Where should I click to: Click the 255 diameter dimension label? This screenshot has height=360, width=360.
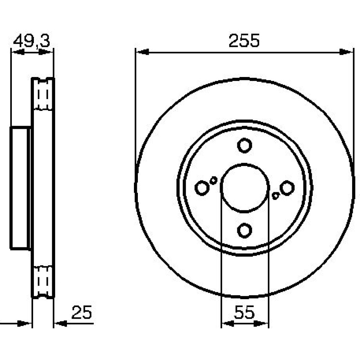pos(244,41)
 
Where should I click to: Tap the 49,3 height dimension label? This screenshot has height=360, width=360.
pos(31,41)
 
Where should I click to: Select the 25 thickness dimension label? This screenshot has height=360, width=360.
pos(81,312)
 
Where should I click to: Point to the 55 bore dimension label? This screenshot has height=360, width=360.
pos(244,312)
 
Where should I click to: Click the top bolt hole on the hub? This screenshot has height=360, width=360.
pos(244,145)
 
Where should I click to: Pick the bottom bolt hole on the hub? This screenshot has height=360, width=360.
pos(244,230)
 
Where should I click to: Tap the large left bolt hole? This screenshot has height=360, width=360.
pos(202,188)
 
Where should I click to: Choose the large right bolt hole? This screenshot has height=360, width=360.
pos(287,188)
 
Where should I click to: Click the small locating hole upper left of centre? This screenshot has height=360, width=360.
pos(213,180)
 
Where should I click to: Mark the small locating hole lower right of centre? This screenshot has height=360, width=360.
pos(275,196)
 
